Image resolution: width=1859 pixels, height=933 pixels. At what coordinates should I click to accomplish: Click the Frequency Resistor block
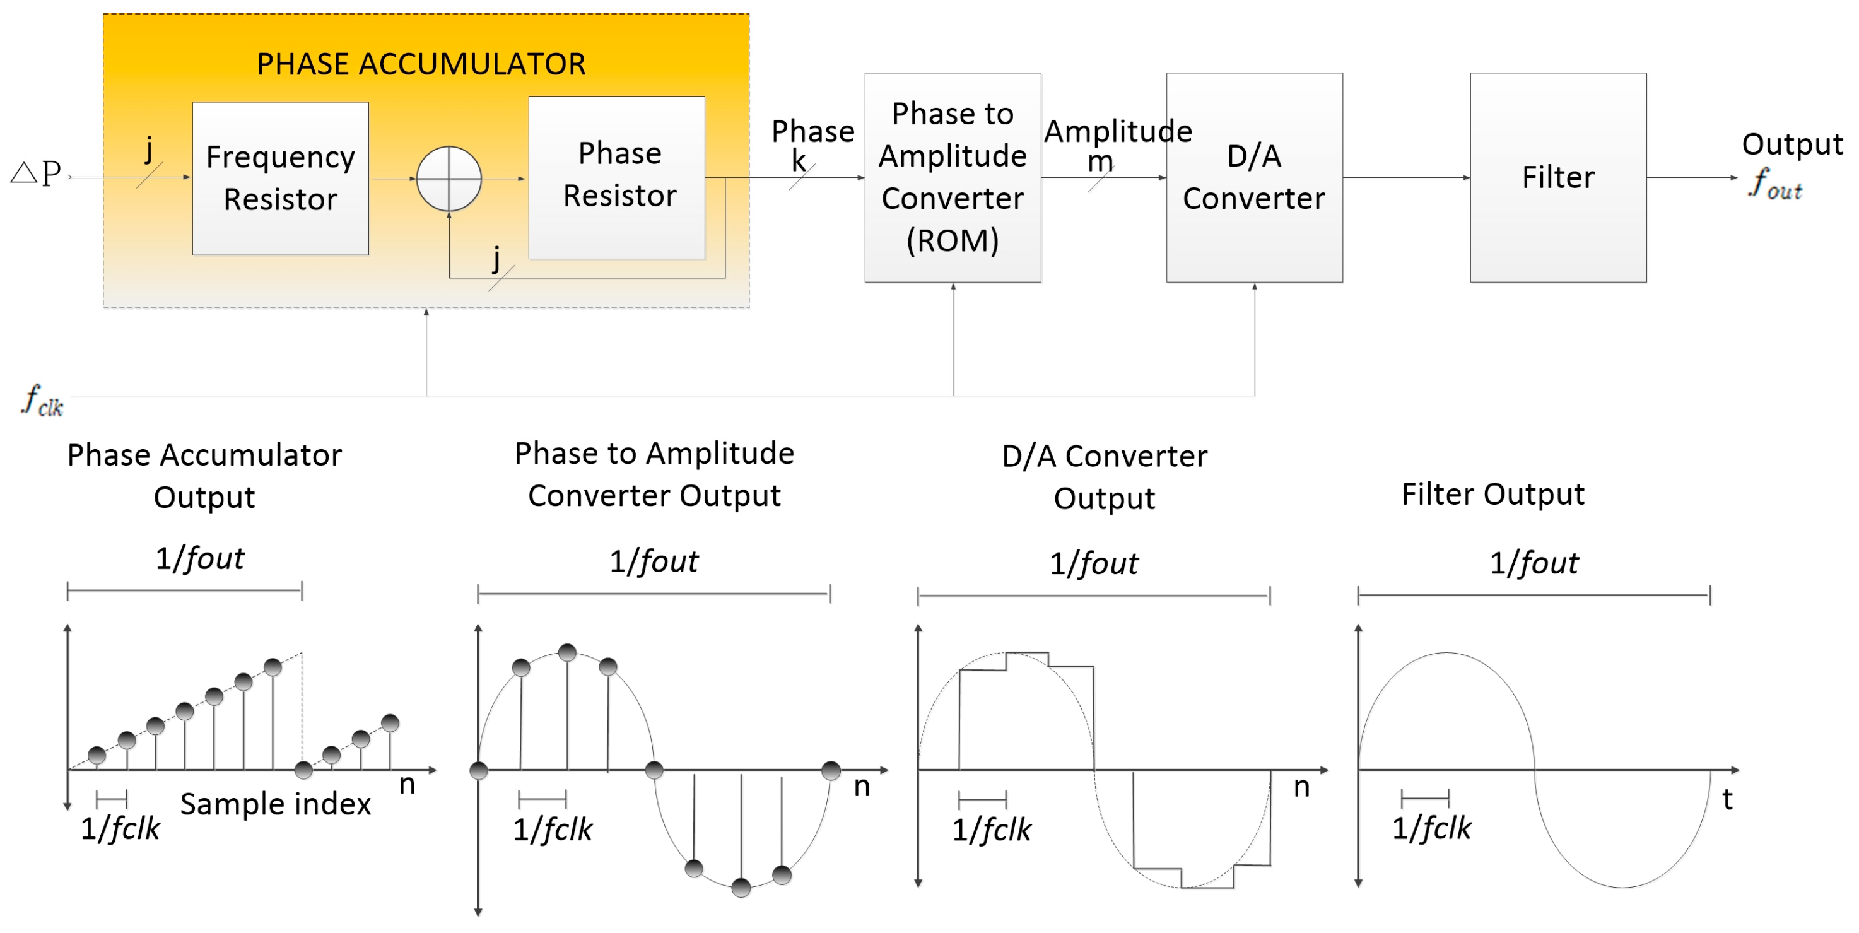coord(280,179)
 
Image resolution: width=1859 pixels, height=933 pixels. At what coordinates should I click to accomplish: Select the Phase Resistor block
coord(617,177)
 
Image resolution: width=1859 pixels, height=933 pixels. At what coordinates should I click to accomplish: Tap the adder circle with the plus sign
coord(449,179)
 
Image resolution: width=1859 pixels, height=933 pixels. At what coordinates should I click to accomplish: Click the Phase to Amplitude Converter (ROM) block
coord(953,177)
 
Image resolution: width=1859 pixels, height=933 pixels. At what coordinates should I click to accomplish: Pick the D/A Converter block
coord(1254,177)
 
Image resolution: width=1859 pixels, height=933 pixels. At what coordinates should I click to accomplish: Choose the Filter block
coord(1558,177)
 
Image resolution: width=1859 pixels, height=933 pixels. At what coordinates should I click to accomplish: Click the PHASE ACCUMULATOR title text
coord(421,64)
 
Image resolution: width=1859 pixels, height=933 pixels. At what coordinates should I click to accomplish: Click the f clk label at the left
coord(42,401)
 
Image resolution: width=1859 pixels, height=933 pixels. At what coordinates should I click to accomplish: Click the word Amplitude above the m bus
coord(1117,131)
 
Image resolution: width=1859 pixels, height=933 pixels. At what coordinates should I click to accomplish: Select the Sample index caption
coord(275,804)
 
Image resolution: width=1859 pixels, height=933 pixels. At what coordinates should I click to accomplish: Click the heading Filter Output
coord(1492,495)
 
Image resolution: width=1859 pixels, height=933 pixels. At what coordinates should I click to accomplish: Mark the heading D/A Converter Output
coord(1104,476)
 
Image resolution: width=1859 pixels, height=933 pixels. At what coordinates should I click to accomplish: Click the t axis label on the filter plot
coord(1727,799)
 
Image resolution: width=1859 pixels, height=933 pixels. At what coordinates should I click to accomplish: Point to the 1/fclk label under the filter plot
coord(1431,828)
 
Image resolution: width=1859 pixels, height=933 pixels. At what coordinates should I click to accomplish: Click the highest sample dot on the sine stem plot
coord(567,653)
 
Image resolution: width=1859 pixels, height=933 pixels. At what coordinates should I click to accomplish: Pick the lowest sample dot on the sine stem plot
coord(741,888)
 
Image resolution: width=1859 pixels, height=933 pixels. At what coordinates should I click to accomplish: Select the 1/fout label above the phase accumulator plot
coord(200,558)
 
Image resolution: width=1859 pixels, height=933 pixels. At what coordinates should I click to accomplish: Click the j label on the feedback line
coord(496,258)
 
